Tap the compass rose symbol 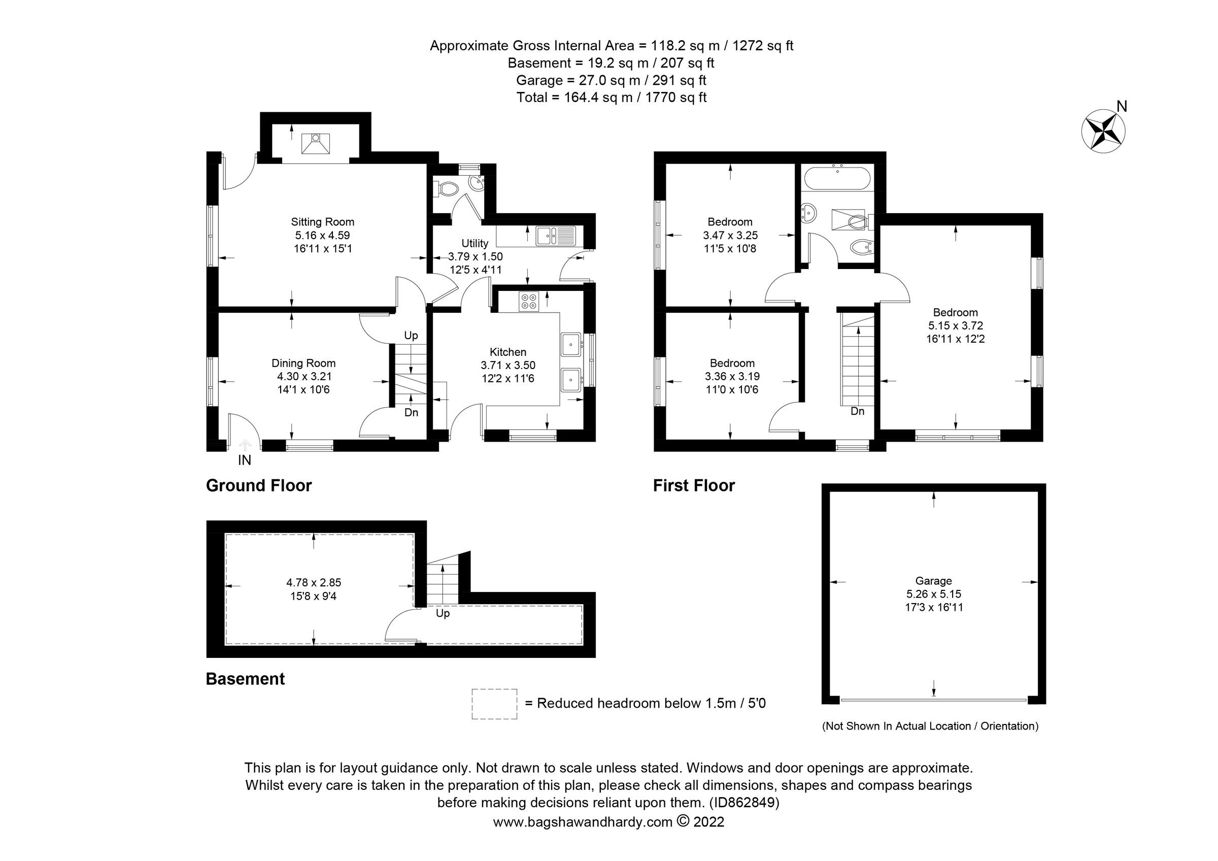click(1103, 132)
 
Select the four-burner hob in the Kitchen click(529, 302)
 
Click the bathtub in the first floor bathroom click(837, 178)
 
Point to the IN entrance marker click(245, 460)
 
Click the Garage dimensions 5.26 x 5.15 click(934, 594)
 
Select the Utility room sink click(555, 235)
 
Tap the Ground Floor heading click(258, 485)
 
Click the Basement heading click(245, 679)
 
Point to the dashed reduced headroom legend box click(494, 704)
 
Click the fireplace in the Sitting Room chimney click(316, 143)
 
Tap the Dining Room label click(303, 363)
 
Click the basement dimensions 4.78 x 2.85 click(314, 582)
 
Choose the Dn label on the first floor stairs click(857, 411)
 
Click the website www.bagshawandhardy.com click(583, 822)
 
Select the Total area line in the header click(611, 97)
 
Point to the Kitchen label click(507, 352)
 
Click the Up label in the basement click(443, 613)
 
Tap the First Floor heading click(693, 485)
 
